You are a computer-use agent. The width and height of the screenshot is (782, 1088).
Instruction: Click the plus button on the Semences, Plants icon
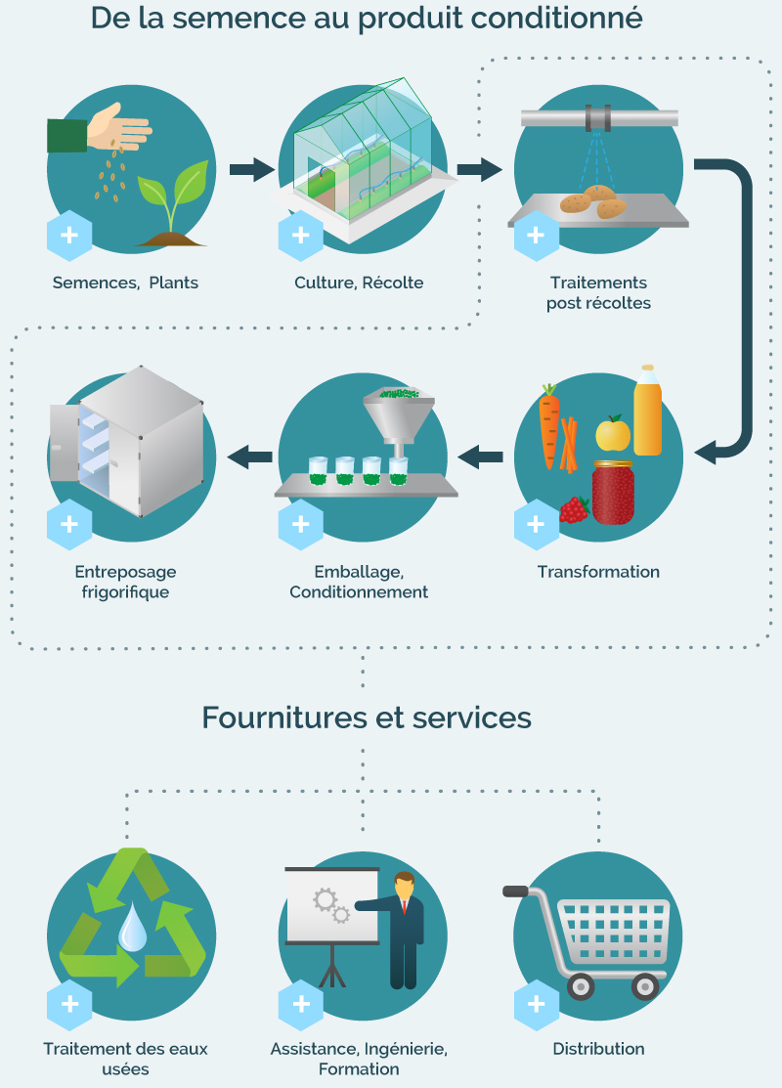(x=69, y=236)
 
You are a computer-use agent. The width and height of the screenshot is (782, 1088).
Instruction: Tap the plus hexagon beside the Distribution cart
(x=537, y=1004)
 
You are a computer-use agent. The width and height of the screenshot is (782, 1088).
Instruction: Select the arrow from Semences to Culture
(x=252, y=169)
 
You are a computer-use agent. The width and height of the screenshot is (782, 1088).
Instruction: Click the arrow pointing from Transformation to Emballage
(x=480, y=457)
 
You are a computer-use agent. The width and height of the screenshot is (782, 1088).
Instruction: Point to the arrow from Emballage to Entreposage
(x=250, y=457)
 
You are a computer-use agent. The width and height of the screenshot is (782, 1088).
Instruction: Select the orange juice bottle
(x=647, y=411)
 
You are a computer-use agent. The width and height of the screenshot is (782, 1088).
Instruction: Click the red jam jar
(x=613, y=493)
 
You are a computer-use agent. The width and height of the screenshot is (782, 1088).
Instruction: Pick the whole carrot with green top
(x=549, y=425)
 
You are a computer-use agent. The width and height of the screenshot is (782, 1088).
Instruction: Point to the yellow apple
(x=613, y=434)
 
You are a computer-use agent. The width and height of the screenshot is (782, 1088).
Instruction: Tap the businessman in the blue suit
(x=402, y=930)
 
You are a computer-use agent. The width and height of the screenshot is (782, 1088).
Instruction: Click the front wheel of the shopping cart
(x=580, y=985)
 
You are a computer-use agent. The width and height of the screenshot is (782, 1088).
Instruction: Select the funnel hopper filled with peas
(x=398, y=416)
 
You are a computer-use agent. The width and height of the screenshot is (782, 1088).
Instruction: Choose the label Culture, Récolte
(x=359, y=283)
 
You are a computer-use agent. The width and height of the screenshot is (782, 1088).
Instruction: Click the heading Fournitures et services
(x=367, y=718)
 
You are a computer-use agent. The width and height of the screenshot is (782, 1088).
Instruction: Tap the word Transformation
(x=598, y=572)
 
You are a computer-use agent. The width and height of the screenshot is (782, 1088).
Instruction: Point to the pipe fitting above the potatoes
(x=598, y=118)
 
